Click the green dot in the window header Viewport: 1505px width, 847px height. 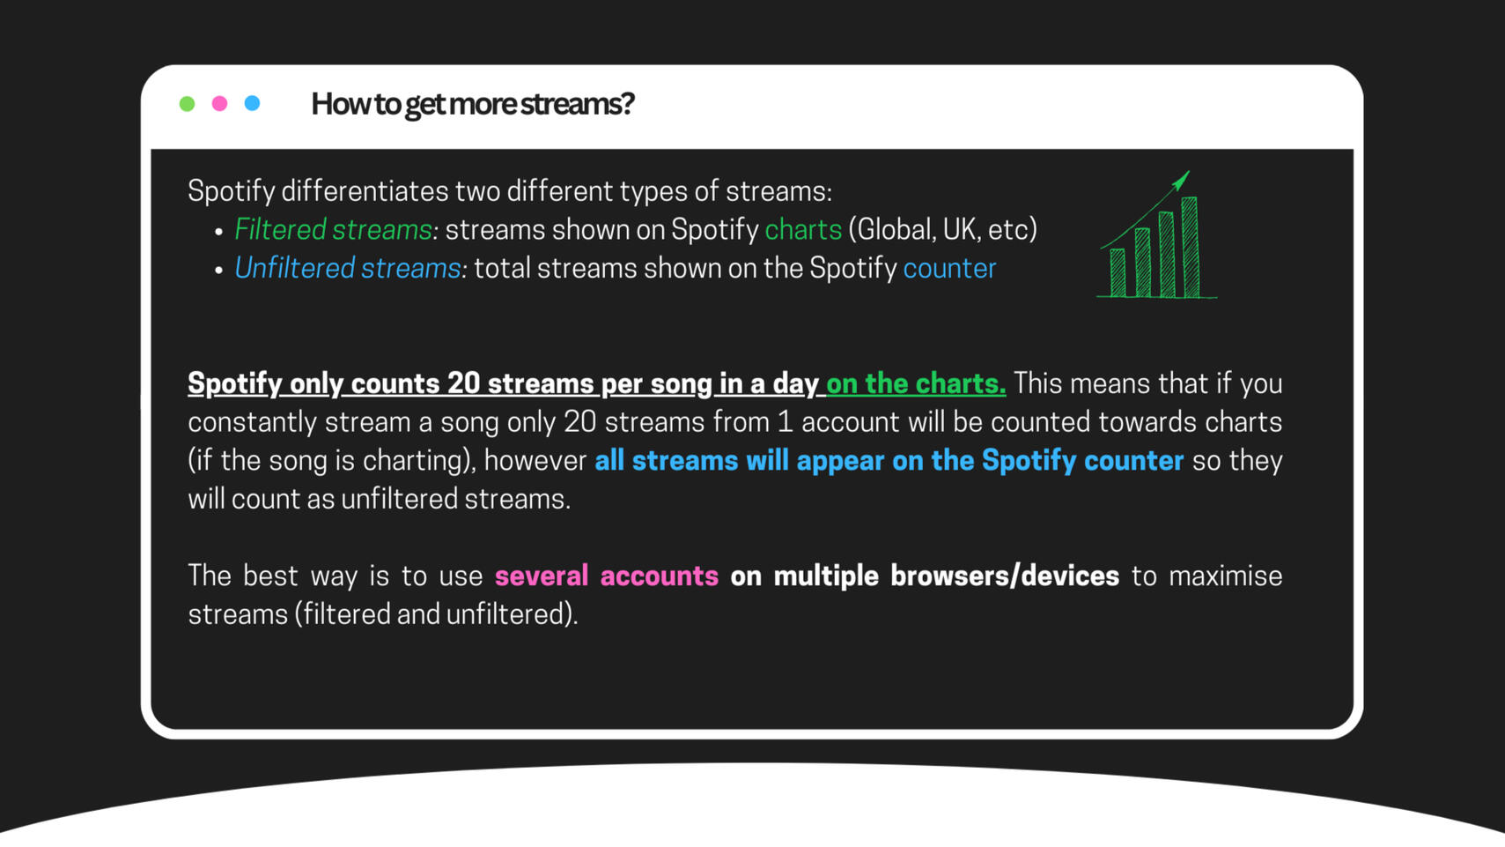coord(187,103)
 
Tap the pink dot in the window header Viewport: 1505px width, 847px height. coord(219,103)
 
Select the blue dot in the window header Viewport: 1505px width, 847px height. coord(252,103)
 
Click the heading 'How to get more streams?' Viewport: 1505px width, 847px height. coord(472,104)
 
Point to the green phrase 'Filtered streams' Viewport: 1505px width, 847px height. coord(333,230)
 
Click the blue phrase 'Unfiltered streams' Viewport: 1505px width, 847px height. coord(347,268)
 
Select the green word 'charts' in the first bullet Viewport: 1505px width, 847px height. coord(803,230)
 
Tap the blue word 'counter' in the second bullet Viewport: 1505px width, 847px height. coord(949,269)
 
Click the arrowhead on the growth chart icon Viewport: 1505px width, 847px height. coord(1181,180)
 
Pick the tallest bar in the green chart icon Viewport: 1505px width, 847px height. coord(1190,247)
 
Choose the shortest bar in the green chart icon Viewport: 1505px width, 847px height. coord(1118,273)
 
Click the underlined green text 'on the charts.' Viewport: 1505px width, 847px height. coord(916,384)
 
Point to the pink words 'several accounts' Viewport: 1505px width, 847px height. coord(607,576)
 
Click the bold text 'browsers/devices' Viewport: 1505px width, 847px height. coord(1005,576)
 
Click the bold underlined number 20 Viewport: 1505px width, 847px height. coord(463,384)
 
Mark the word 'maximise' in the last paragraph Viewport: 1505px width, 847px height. coord(1226,576)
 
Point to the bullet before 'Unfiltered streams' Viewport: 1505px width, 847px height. coord(218,271)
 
